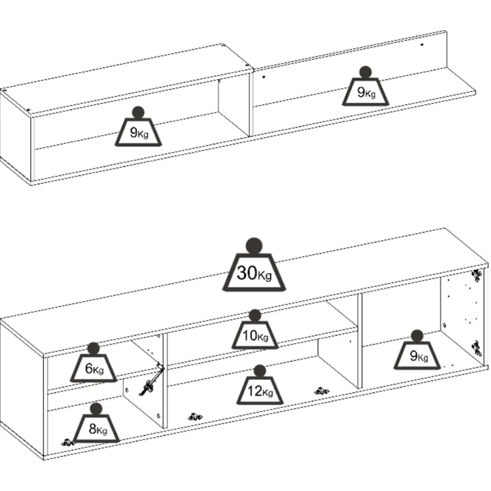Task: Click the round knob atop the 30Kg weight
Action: coord(254,246)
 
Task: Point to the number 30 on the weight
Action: coord(247,272)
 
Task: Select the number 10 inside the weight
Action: coord(250,336)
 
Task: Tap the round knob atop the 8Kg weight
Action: coord(96,409)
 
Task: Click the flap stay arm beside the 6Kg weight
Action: coord(152,379)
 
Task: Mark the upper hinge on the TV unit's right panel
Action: coord(477,276)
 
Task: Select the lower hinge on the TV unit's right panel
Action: coord(477,348)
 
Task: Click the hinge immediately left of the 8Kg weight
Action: coord(68,442)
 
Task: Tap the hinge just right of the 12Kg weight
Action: coord(321,391)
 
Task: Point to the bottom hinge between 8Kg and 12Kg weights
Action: coord(195,417)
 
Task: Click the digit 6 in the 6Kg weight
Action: coord(89,368)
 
